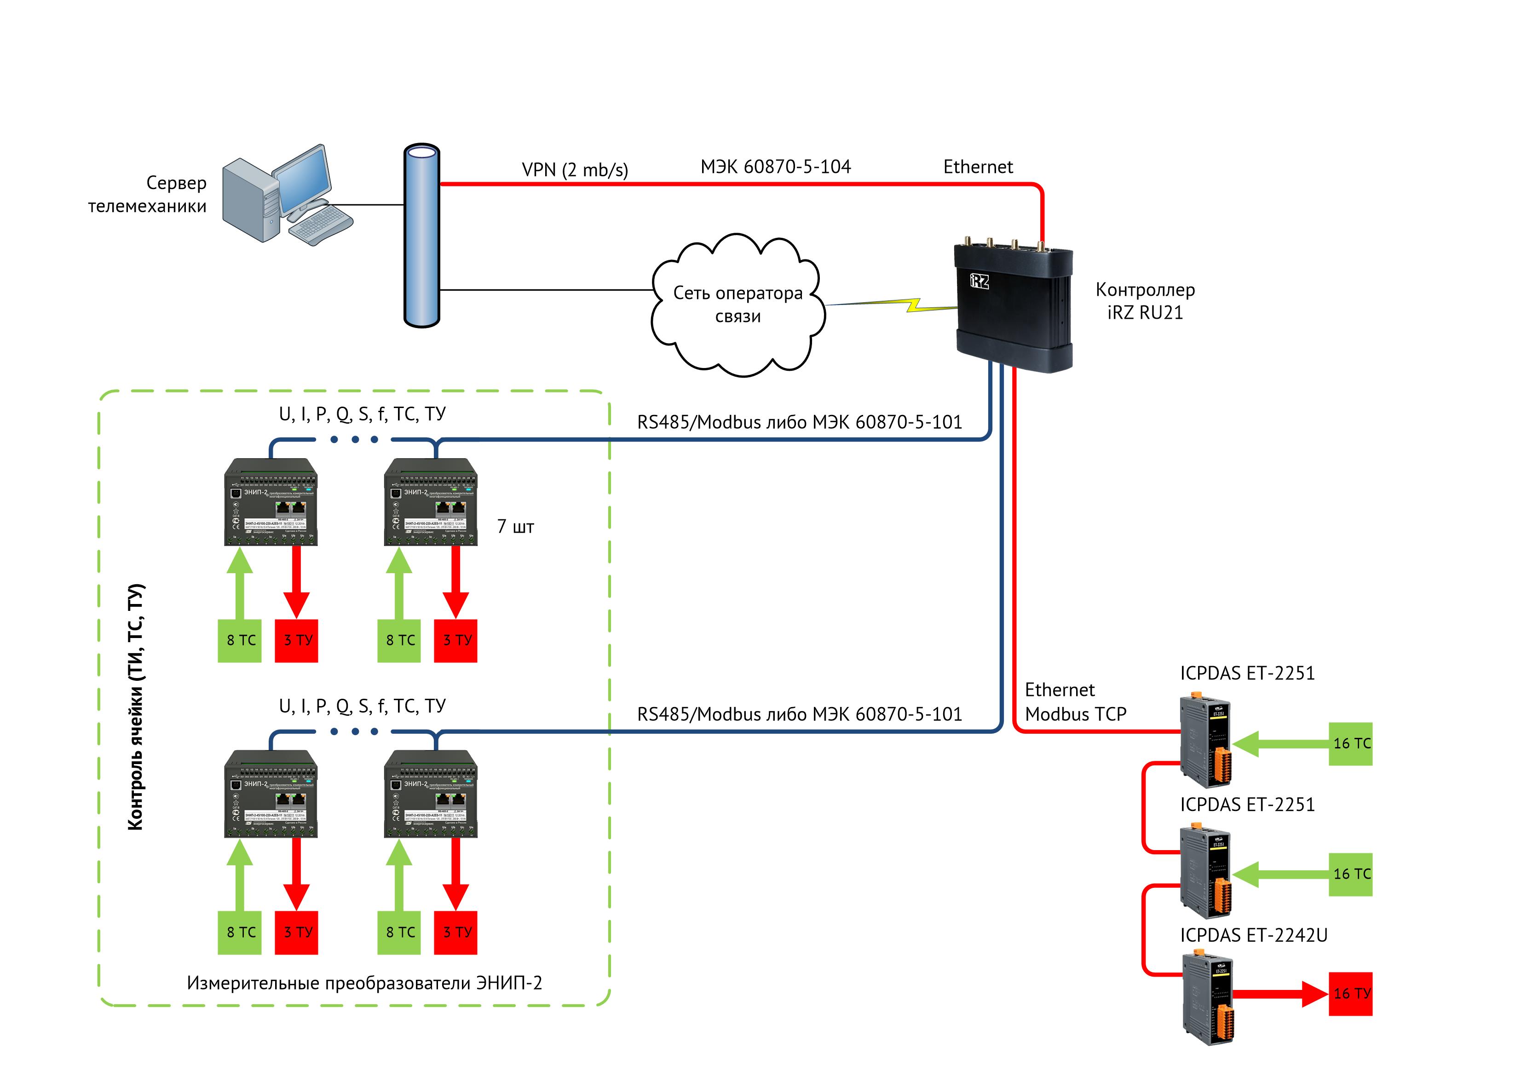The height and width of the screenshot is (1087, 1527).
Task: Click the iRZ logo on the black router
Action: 980,281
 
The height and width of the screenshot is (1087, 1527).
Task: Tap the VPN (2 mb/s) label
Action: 574,170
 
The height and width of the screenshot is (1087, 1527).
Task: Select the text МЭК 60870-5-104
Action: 775,167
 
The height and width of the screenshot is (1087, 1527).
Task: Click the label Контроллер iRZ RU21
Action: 1145,301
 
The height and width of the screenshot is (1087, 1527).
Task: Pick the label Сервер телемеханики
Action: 149,194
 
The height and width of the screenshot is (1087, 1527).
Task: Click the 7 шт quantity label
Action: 515,528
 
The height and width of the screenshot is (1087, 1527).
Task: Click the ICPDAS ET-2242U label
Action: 1253,936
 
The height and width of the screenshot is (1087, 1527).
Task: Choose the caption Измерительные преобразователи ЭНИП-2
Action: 364,983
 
